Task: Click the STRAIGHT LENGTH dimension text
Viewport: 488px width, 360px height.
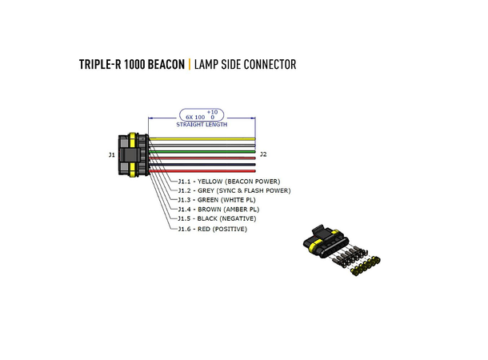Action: [x=202, y=125]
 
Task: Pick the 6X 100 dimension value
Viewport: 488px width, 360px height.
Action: [x=194, y=117]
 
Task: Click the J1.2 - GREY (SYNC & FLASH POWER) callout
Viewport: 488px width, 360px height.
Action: [x=234, y=190]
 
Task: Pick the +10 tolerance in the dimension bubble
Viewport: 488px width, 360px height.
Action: [x=212, y=111]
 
